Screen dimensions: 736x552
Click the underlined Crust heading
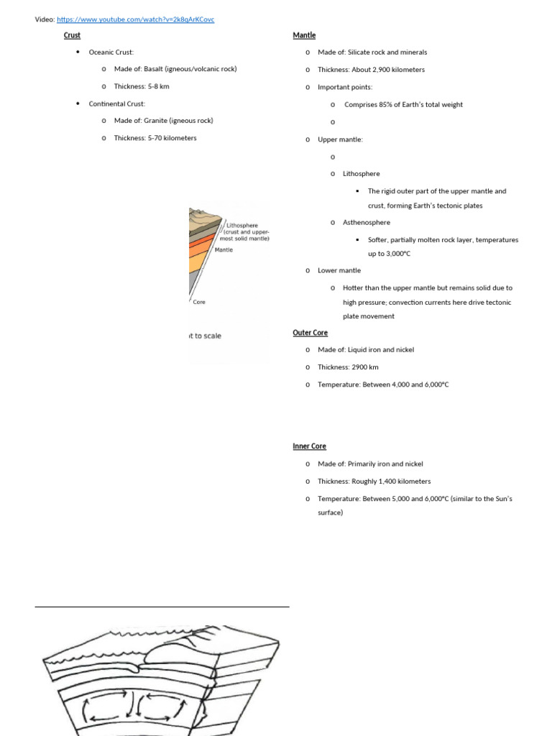tap(72, 35)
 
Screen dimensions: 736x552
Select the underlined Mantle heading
tap(304, 35)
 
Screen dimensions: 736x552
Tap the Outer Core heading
tap(310, 333)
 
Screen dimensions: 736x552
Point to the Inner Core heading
tap(310, 446)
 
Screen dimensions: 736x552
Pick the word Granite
tap(157, 121)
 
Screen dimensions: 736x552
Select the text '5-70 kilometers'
tap(172, 138)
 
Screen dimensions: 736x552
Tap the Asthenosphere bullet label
tap(367, 223)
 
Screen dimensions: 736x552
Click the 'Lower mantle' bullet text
tap(339, 270)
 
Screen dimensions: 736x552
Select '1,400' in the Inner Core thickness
tap(396, 482)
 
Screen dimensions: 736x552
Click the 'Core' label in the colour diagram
tap(199, 303)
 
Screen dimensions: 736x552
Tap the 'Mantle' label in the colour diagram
tap(225, 250)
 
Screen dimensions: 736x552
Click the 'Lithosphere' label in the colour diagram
tap(242, 225)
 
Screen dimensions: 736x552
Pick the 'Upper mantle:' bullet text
tap(341, 139)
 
